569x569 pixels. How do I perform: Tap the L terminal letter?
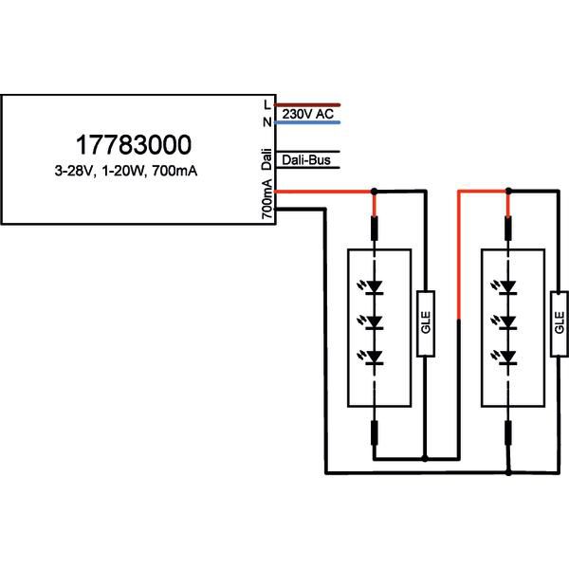coord(267,103)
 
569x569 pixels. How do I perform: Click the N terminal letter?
coord(267,122)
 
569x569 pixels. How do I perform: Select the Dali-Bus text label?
coord(305,161)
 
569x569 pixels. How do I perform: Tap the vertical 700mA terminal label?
coord(267,202)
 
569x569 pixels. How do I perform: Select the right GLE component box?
coord(558,321)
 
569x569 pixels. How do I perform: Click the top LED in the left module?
coord(375,285)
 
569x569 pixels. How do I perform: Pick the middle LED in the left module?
coord(375,321)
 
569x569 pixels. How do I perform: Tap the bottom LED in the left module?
coord(375,358)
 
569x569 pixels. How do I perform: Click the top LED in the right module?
coord(509,285)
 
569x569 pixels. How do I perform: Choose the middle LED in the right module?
coord(509,321)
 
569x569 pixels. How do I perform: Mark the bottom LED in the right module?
coord(509,358)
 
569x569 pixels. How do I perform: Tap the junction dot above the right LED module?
coord(509,192)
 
